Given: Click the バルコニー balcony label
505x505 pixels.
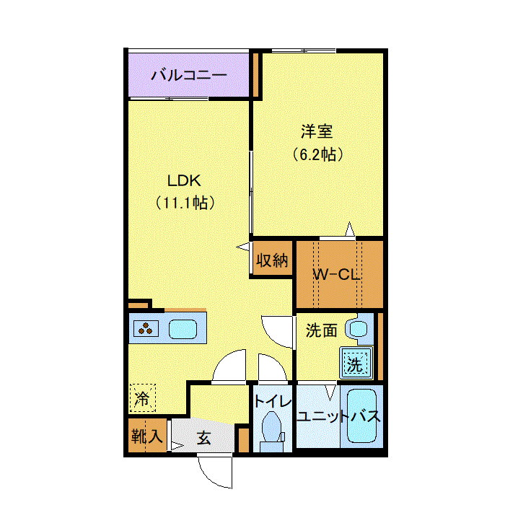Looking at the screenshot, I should pyautogui.click(x=188, y=75).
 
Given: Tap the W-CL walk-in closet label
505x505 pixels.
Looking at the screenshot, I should pyautogui.click(x=336, y=274).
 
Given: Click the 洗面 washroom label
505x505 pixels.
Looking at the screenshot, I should pyautogui.click(x=321, y=330).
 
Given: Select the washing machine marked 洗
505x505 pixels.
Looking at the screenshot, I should pyautogui.click(x=355, y=364).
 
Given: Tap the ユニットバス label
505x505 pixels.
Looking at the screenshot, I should pyautogui.click(x=338, y=417).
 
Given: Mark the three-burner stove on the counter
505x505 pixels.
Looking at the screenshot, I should pyautogui.click(x=148, y=329).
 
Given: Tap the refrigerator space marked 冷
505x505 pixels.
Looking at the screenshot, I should pyautogui.click(x=143, y=398).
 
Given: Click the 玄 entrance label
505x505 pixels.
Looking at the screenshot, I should pyautogui.click(x=204, y=437).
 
